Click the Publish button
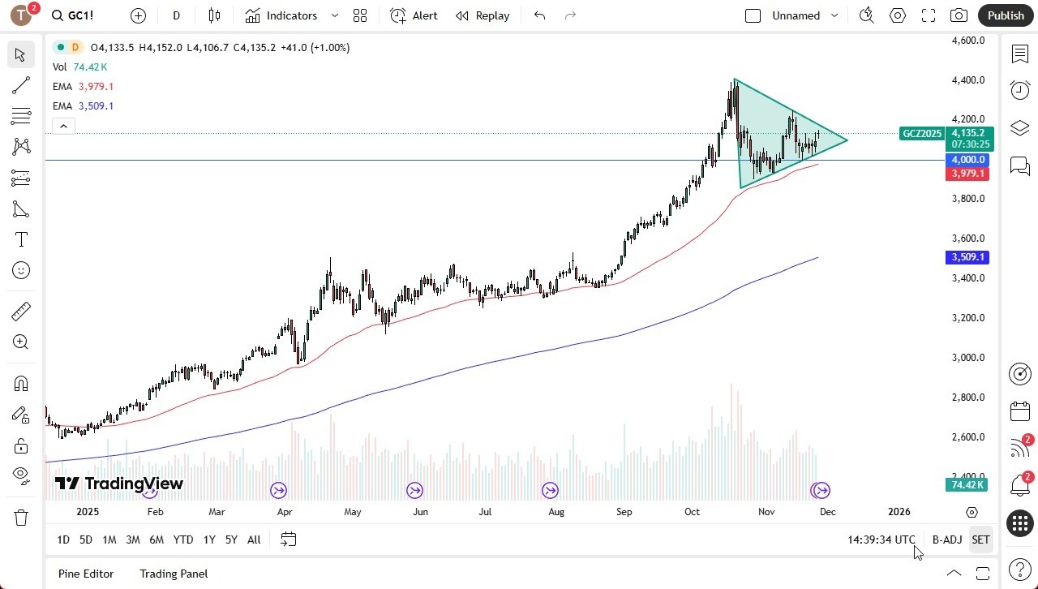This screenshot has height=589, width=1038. click(x=1006, y=15)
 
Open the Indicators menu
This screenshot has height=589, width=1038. click(x=291, y=15)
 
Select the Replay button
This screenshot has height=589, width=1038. click(x=483, y=15)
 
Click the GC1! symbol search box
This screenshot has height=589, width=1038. click(x=81, y=15)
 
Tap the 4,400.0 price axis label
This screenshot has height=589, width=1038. click(x=968, y=80)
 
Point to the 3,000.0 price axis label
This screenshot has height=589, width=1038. click(x=968, y=358)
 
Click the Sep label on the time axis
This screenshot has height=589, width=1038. click(x=624, y=512)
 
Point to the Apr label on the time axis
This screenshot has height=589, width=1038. click(x=284, y=512)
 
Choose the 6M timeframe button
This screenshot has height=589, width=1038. click(x=157, y=540)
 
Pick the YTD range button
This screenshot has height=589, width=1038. click(x=183, y=540)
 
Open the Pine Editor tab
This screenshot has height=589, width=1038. click(x=86, y=574)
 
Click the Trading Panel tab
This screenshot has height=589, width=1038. click(x=174, y=574)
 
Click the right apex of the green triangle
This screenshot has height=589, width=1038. click(x=847, y=140)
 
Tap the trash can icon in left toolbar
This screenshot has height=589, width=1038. click(x=21, y=518)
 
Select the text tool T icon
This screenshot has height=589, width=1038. click(x=21, y=240)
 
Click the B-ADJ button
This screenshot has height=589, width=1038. click(x=946, y=540)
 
